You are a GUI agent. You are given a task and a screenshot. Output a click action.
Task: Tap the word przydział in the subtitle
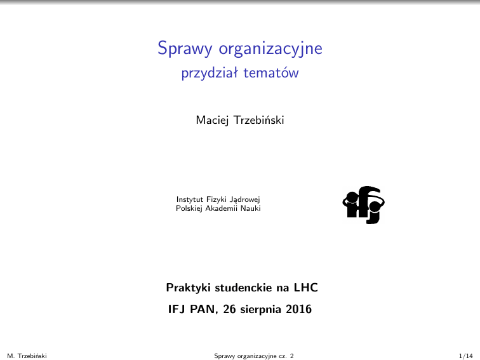point(209,74)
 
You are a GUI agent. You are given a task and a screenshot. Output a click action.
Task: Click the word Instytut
point(189,199)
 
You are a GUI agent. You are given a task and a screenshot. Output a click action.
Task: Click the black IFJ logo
point(364,204)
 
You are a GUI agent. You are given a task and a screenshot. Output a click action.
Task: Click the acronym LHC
point(305,288)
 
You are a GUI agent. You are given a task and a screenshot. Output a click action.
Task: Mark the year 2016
point(299,310)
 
